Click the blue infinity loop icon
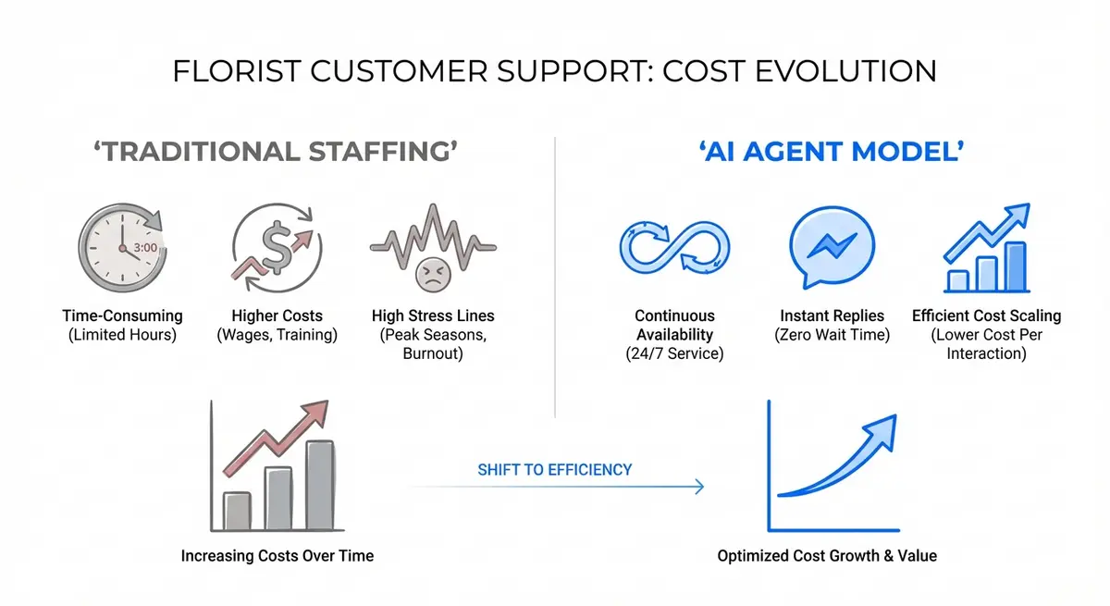(672, 246)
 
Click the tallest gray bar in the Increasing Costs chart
(320, 487)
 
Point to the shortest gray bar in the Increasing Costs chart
(238, 512)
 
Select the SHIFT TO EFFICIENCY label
(554, 470)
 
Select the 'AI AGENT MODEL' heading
(832, 151)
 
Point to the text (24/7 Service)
(674, 353)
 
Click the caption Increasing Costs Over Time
(277, 556)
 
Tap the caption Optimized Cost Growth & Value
(827, 556)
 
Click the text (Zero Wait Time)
(832, 335)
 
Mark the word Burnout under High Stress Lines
(432, 353)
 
